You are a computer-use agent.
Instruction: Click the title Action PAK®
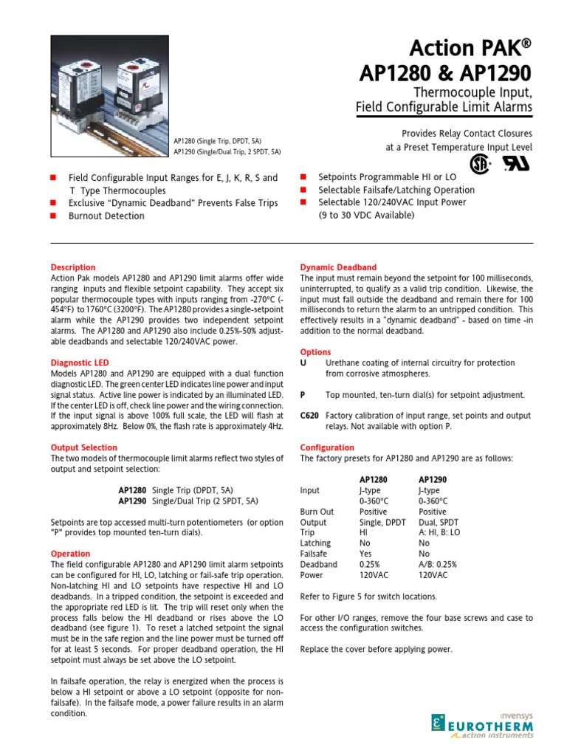(x=473, y=49)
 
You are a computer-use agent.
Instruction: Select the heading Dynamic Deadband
(x=338, y=267)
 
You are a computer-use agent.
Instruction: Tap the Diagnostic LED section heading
(x=80, y=363)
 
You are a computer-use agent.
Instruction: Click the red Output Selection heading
(x=83, y=447)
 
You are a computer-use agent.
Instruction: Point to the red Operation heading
(x=70, y=554)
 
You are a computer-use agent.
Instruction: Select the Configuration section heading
(x=327, y=447)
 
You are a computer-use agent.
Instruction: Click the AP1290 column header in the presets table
(x=432, y=479)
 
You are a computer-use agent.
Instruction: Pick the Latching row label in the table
(x=315, y=543)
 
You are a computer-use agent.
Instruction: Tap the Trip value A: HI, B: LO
(x=439, y=532)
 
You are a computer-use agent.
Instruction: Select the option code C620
(x=309, y=416)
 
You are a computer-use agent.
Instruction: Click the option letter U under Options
(x=303, y=363)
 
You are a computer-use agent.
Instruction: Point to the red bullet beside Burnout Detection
(x=53, y=216)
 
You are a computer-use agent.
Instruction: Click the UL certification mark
(x=513, y=164)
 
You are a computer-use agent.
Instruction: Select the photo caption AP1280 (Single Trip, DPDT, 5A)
(x=218, y=140)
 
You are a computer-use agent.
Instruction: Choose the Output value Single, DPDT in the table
(x=382, y=522)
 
